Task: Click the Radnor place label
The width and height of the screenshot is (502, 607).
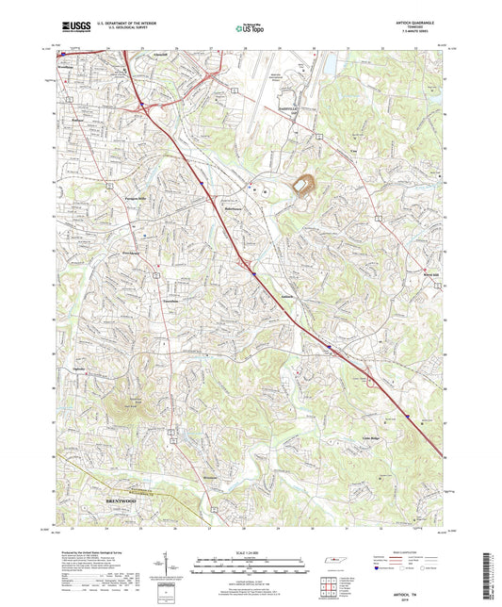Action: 79,121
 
